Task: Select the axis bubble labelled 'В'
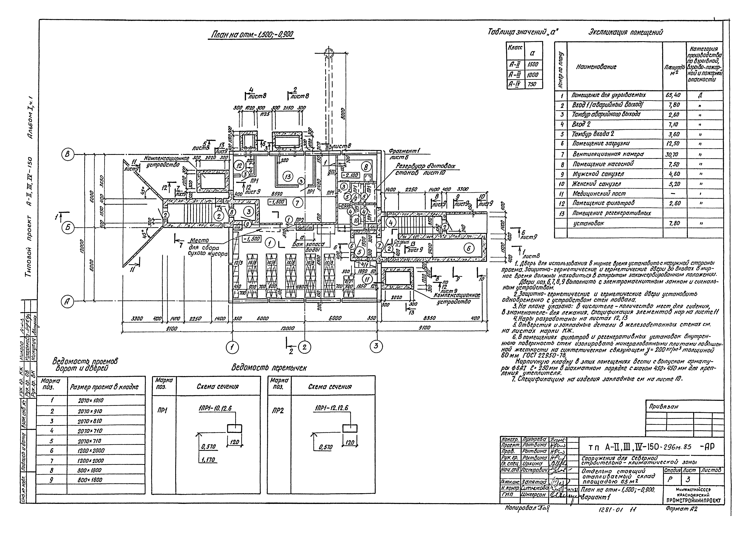(x=68, y=154)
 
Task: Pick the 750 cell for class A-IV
(x=533, y=84)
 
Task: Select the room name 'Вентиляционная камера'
(x=608, y=154)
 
